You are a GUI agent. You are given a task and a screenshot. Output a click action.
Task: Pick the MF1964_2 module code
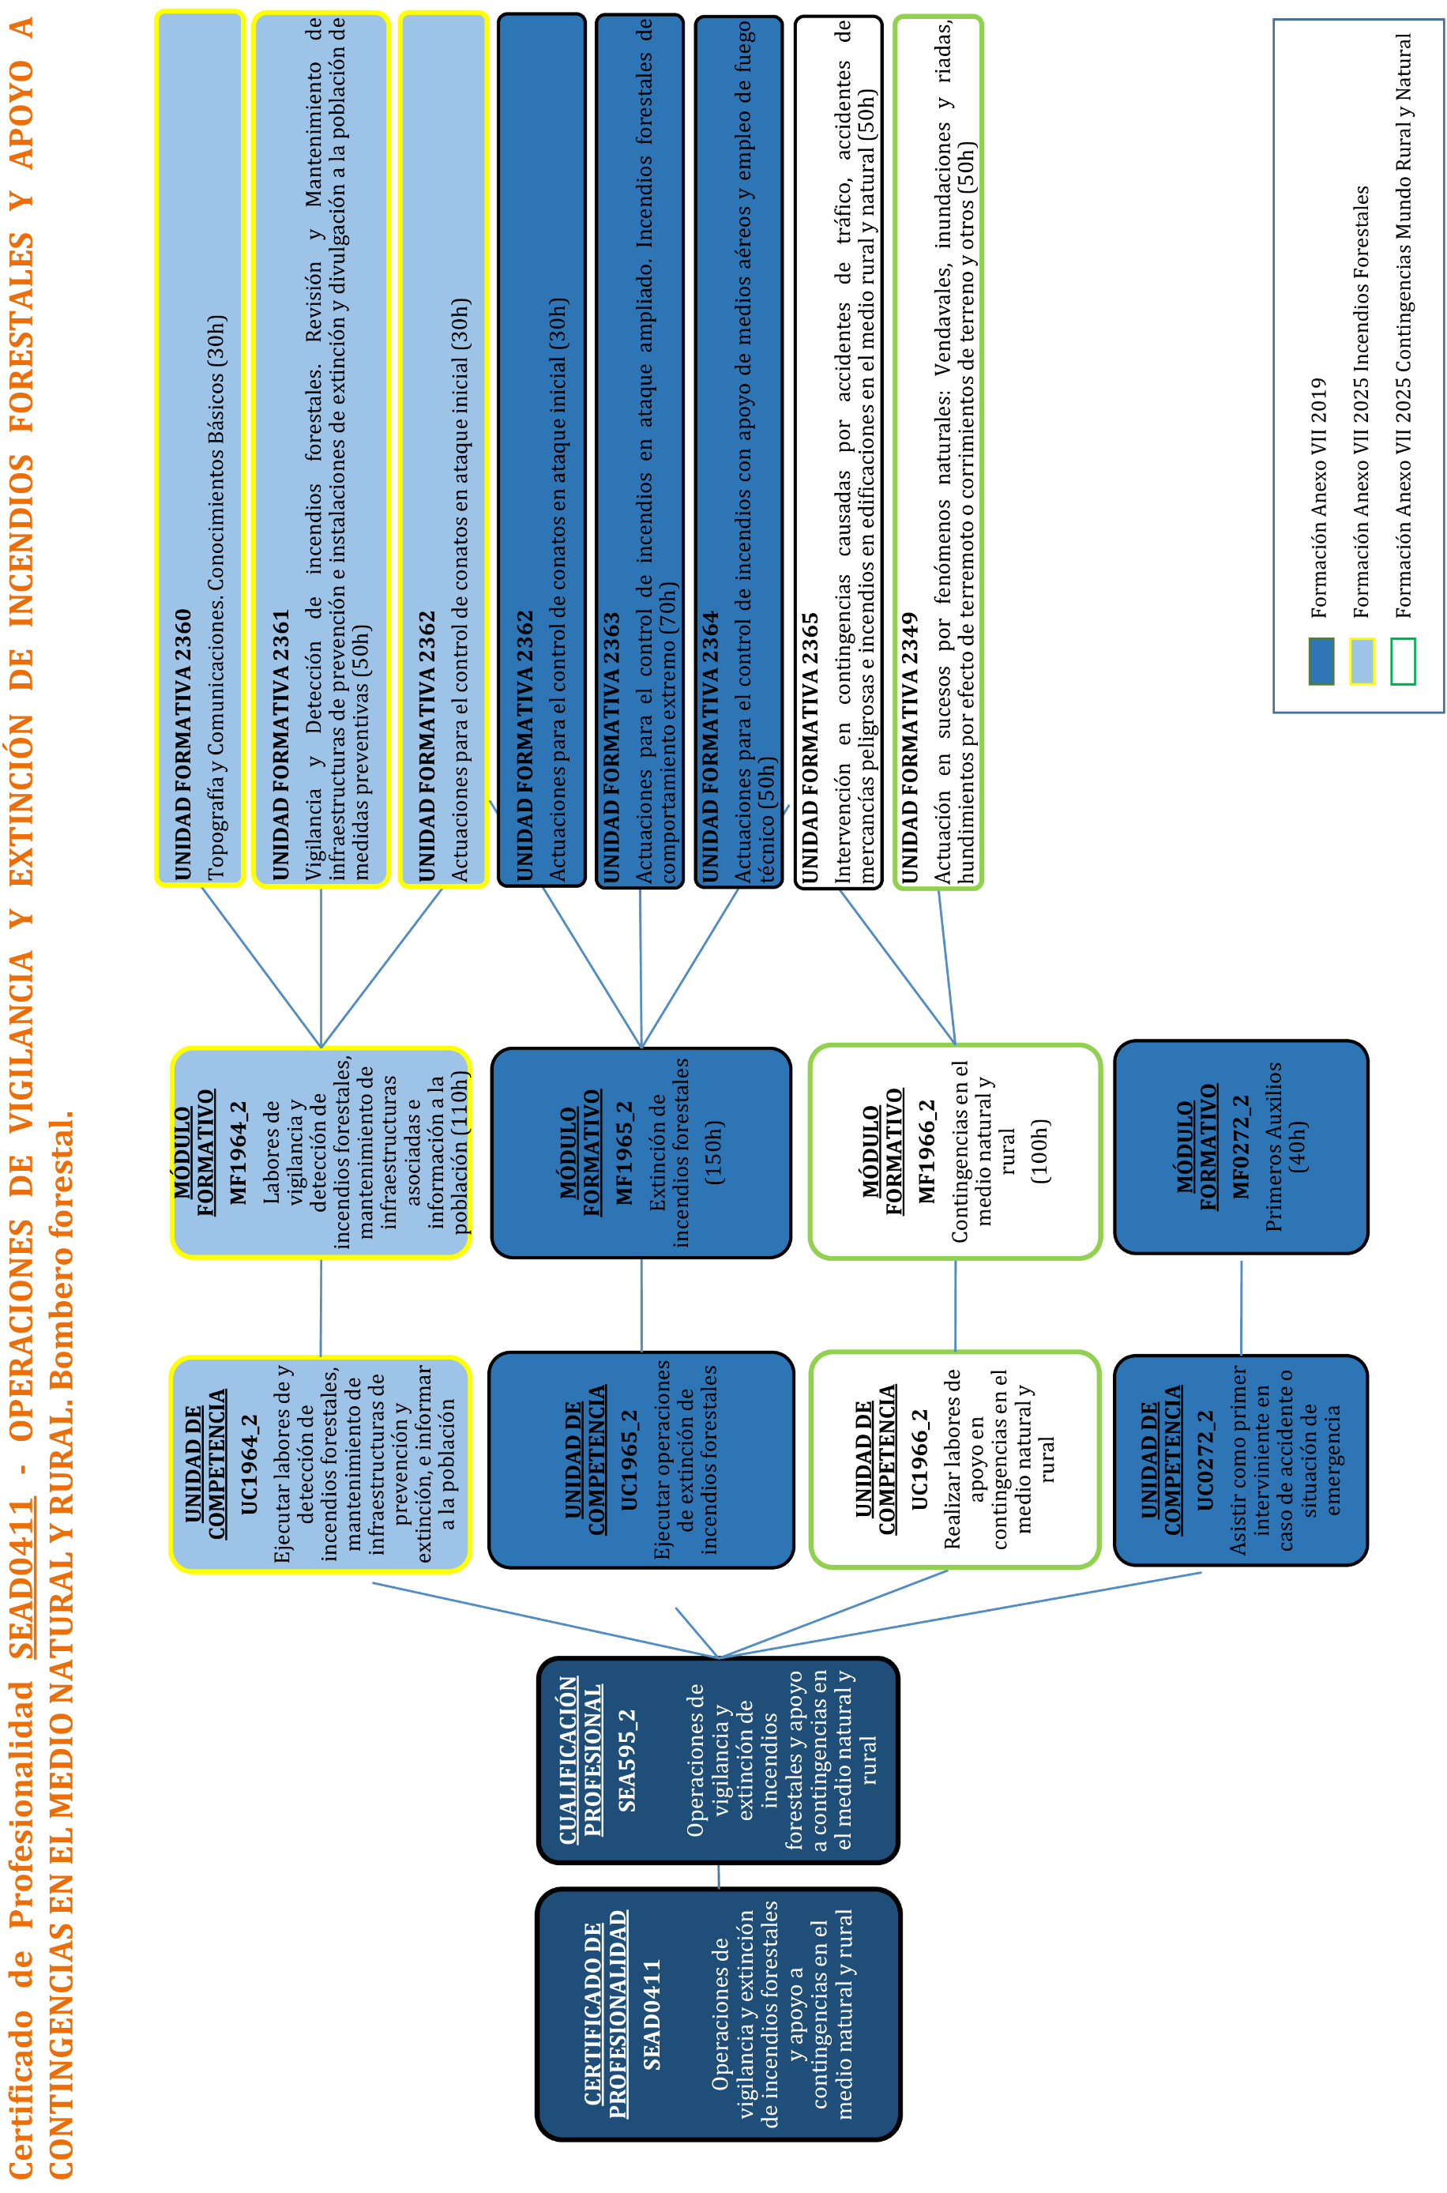tap(238, 1152)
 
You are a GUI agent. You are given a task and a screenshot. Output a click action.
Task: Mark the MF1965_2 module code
tap(625, 1152)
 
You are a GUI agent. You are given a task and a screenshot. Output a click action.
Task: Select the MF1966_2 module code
tap(926, 1151)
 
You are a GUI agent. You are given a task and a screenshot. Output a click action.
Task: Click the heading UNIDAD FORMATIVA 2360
tap(182, 744)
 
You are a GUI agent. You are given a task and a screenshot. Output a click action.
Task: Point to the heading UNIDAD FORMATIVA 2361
tap(280, 744)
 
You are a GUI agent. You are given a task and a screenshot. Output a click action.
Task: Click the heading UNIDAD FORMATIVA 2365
tap(810, 747)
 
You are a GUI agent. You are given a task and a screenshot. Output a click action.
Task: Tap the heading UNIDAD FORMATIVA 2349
tap(909, 747)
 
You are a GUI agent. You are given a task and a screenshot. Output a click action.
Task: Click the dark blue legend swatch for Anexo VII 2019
tap(1321, 661)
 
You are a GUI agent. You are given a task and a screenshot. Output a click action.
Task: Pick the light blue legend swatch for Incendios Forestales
tap(1362, 661)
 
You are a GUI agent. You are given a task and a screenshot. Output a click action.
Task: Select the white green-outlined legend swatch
tap(1403, 661)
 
